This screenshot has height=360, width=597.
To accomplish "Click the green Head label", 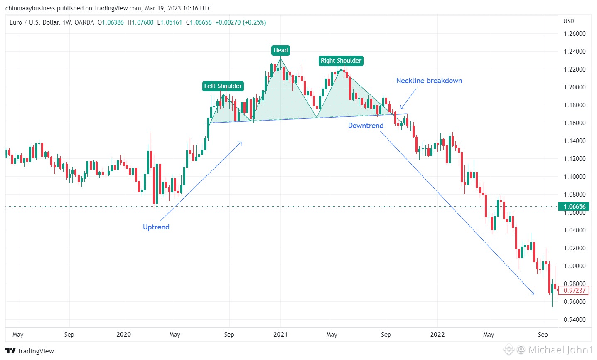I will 280,50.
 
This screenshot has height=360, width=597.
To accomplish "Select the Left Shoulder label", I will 223,86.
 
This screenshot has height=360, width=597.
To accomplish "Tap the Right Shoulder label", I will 341,61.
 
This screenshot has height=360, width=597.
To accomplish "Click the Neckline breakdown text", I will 429,81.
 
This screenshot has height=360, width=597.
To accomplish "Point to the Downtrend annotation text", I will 366,126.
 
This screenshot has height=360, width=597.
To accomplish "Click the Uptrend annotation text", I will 156,227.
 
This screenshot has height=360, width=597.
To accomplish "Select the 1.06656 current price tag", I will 575,207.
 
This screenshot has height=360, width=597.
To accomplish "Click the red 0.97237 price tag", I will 575,291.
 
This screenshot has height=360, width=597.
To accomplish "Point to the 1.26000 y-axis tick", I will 575,34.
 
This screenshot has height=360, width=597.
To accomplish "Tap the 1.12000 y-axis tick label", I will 575,159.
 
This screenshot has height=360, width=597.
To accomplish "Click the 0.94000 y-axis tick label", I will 575,320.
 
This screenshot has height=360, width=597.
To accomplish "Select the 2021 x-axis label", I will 280,335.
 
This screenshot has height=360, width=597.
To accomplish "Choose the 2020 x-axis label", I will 123,335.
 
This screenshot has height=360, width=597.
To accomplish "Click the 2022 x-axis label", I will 437,335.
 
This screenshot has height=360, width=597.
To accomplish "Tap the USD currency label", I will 569,21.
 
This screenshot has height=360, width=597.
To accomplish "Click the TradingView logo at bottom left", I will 30,351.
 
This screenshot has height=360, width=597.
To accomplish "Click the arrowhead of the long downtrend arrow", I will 533,293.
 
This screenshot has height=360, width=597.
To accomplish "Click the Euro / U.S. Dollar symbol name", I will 34,22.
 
